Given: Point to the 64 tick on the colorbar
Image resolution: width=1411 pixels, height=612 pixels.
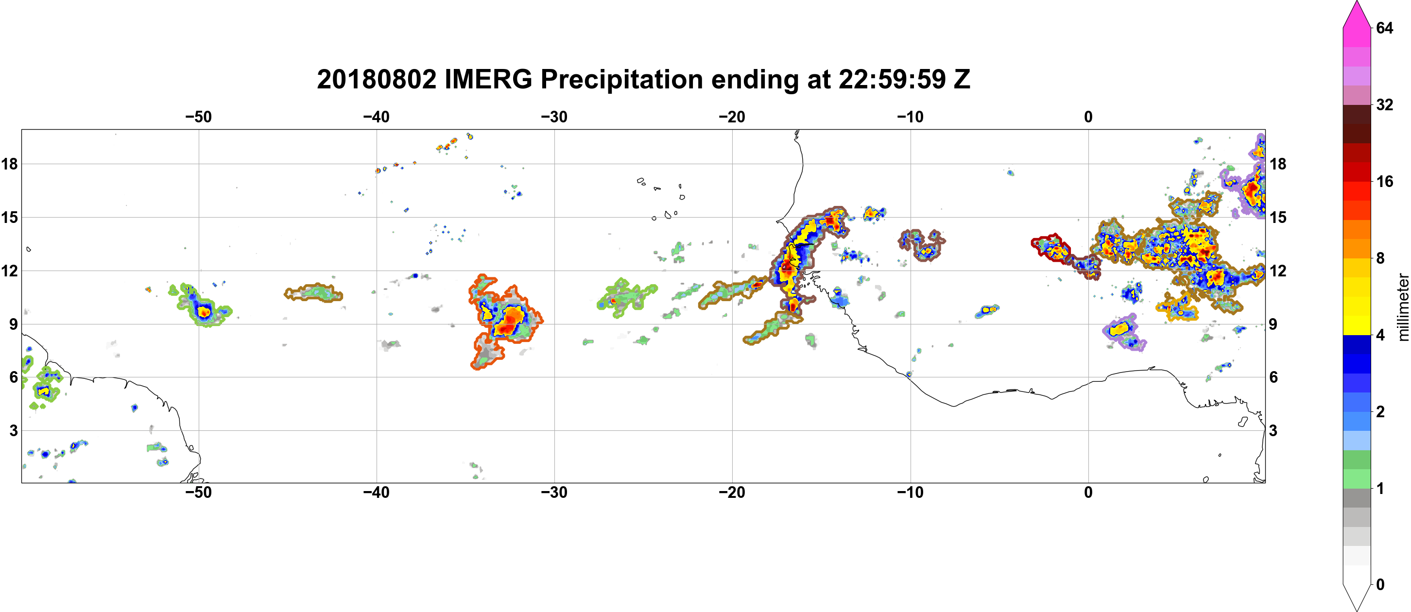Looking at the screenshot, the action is (1385, 28).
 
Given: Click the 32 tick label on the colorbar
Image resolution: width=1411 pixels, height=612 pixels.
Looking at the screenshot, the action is (1385, 104).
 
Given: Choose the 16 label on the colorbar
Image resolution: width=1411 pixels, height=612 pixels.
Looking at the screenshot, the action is (1385, 181).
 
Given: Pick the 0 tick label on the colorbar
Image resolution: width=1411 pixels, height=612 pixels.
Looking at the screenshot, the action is (1380, 584).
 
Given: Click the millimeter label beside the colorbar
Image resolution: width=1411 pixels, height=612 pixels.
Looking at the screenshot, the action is (1403, 307).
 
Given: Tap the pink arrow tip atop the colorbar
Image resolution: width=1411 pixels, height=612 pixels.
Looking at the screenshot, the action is (1357, 1).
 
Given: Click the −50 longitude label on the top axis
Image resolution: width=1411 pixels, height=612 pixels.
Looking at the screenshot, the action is (198, 117).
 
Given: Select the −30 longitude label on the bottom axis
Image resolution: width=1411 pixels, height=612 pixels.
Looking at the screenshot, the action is (554, 492).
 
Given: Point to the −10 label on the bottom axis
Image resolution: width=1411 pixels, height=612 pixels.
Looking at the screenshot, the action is (911, 492).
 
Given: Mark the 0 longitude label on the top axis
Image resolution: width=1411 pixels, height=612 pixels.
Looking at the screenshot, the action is (1088, 117).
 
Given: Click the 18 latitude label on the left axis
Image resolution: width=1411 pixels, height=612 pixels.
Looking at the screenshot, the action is (9, 164).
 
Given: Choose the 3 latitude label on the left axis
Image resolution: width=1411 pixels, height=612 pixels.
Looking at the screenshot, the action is (13, 430).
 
